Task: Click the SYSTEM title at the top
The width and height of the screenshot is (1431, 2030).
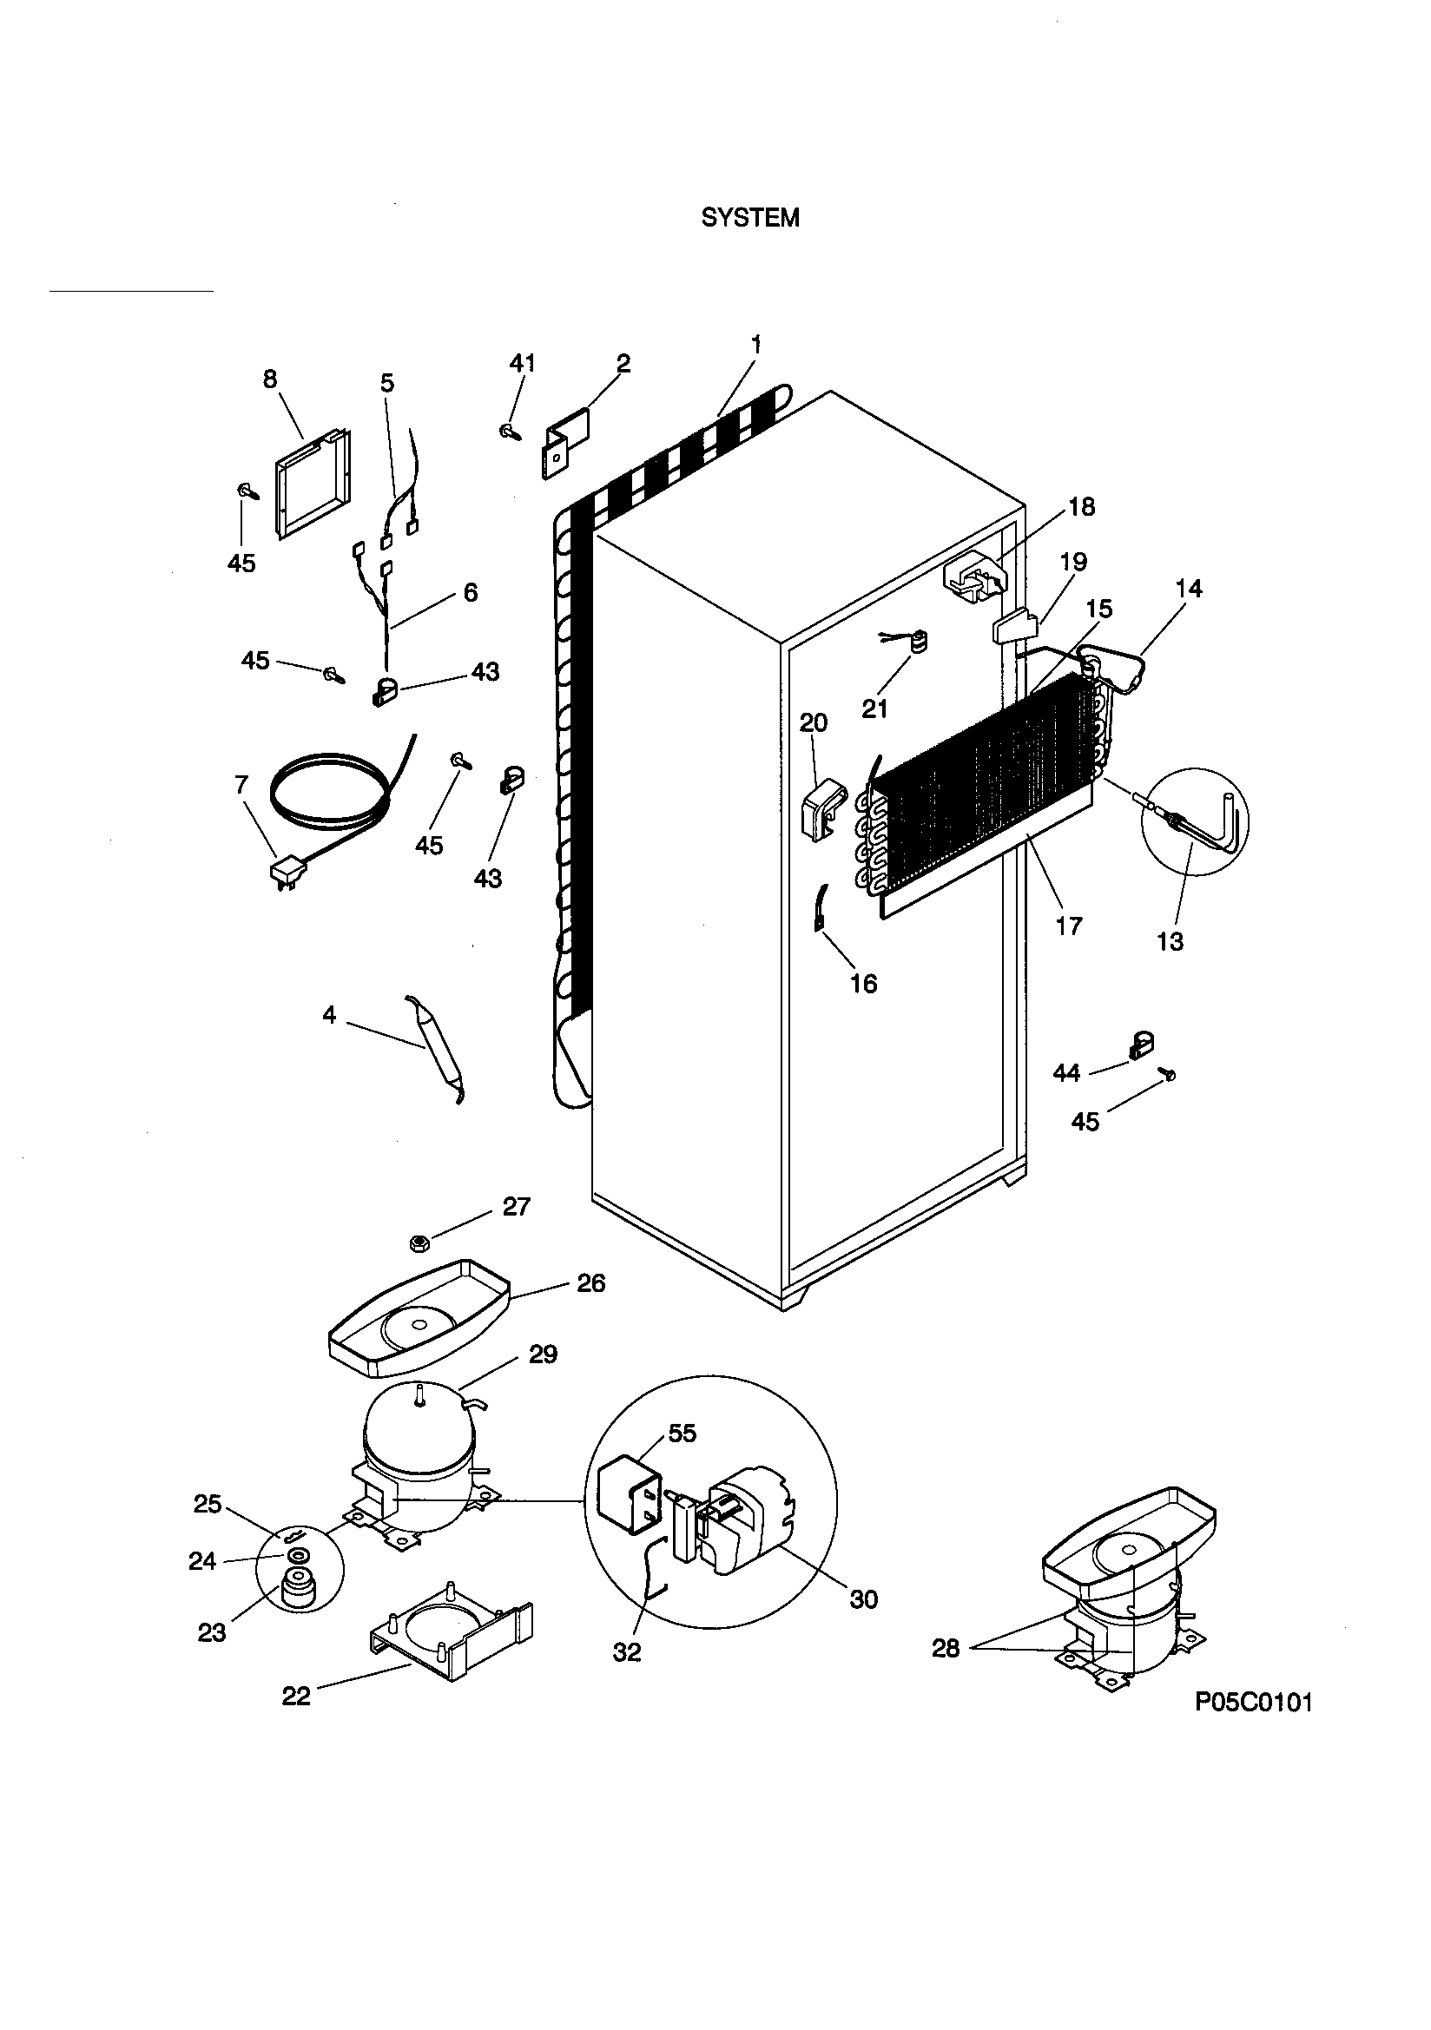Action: [750, 219]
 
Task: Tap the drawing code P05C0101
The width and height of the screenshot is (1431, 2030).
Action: [1253, 1702]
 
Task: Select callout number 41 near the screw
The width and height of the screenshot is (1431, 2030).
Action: [522, 363]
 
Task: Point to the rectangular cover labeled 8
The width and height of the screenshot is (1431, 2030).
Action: [314, 483]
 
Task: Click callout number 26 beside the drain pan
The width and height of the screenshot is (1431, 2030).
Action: [590, 1283]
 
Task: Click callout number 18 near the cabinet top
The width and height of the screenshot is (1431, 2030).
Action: [1081, 506]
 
